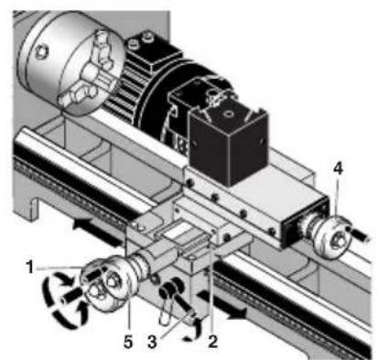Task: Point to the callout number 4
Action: tap(338, 193)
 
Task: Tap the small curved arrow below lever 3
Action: tap(188, 333)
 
